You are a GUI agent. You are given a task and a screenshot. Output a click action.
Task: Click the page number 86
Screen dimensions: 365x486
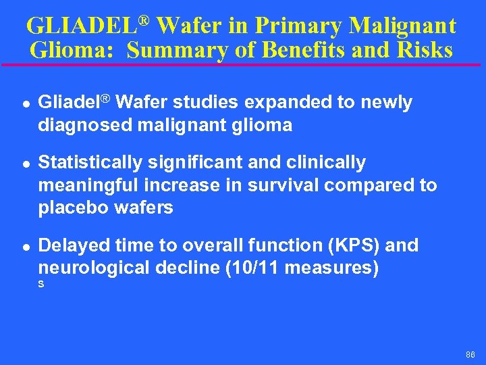point(470,355)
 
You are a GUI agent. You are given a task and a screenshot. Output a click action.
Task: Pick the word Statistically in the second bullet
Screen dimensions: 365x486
point(90,163)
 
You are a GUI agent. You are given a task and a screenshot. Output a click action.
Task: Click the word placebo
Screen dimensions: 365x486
point(74,208)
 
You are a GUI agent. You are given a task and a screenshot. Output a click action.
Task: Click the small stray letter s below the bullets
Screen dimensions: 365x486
point(41,285)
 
